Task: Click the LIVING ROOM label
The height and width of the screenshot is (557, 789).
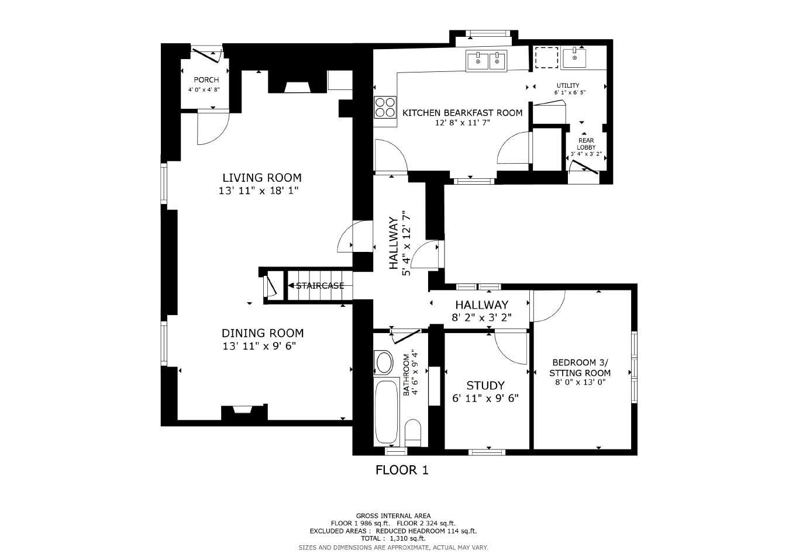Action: coord(261,178)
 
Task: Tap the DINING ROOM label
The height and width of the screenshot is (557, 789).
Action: coord(262,333)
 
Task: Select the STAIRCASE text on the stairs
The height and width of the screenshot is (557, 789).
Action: coord(319,286)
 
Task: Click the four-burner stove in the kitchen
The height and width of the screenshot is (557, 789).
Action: coord(384,108)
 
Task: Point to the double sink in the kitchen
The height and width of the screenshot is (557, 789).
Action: coord(487,61)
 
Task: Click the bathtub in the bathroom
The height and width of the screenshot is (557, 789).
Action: coord(386,411)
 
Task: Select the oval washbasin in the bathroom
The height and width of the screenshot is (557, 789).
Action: coord(384,362)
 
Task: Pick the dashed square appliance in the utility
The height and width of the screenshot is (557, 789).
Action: coord(547,58)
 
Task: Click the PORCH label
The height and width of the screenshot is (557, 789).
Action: coord(206,80)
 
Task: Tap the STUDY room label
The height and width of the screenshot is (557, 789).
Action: coord(485,386)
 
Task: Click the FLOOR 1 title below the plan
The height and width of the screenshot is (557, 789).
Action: coord(402,470)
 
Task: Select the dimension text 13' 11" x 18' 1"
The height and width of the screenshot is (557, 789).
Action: coord(259,191)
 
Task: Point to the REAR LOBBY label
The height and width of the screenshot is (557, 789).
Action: coord(586,144)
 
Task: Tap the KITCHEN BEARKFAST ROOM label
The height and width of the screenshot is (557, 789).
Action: coord(462,113)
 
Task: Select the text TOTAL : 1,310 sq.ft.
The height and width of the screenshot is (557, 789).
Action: coord(392,538)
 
